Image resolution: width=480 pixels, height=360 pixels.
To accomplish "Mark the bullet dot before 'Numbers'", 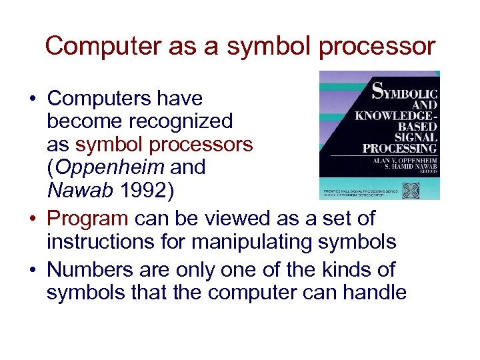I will (x=32, y=271).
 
